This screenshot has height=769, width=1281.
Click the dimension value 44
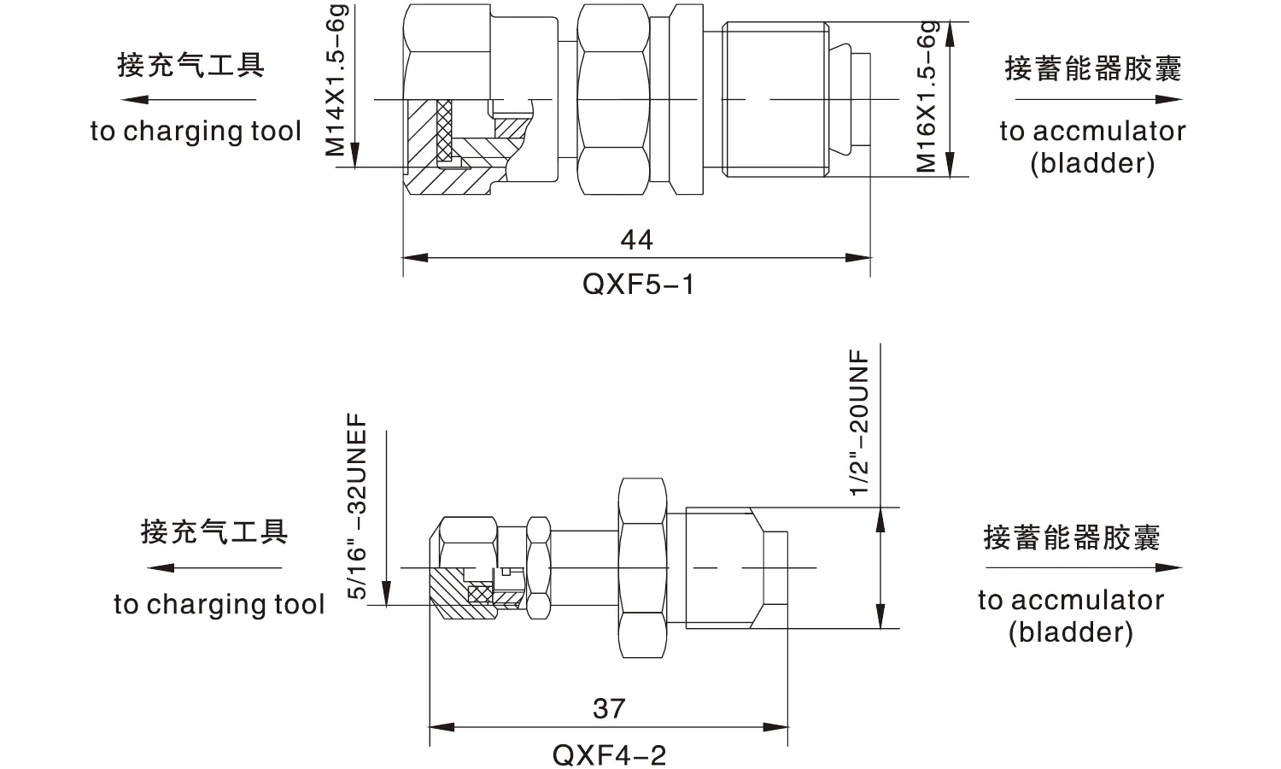(637, 239)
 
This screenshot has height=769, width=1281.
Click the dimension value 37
(609, 708)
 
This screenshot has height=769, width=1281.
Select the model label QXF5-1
(638, 284)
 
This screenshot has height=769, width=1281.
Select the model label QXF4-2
(609, 754)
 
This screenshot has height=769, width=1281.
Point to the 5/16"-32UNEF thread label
(358, 507)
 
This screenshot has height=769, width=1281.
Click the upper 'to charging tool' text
(196, 132)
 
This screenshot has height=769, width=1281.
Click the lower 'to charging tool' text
(219, 605)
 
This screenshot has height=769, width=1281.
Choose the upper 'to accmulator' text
(1092, 132)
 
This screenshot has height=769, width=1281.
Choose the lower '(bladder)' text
(1070, 633)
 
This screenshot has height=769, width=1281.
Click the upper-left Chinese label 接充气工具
(190, 65)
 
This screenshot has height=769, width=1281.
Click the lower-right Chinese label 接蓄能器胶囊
(1071, 537)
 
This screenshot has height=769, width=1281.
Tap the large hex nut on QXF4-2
(641, 567)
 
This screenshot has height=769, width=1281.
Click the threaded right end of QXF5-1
(775, 99)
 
